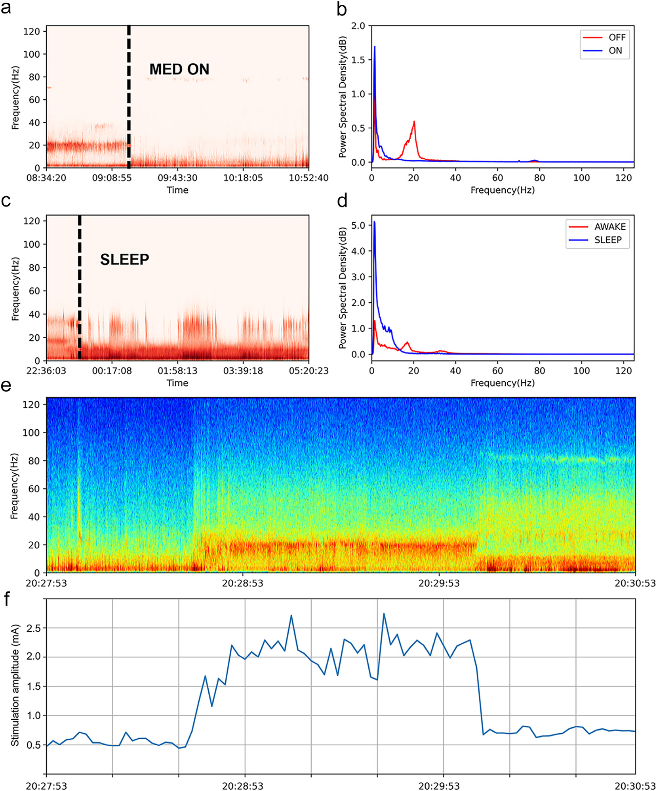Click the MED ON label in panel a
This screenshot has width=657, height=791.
click(x=179, y=69)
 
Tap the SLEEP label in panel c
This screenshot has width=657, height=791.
click(x=124, y=260)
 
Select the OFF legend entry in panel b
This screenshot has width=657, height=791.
click(x=617, y=38)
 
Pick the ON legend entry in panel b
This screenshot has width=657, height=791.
click(x=615, y=51)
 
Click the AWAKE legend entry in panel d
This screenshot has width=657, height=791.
click(x=609, y=227)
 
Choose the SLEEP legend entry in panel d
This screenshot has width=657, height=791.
click(x=607, y=240)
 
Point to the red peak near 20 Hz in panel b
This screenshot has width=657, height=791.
click(x=414, y=122)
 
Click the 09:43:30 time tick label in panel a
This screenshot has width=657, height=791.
click(x=177, y=178)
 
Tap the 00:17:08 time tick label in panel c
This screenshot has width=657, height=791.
click(x=112, y=371)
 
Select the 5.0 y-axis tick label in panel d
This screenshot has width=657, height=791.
click(x=358, y=225)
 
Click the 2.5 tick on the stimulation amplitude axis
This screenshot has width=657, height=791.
click(x=33, y=628)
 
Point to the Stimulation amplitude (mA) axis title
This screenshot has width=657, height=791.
click(x=15, y=686)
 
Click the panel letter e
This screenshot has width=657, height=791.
click(x=6, y=385)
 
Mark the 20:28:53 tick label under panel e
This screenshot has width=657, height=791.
click(x=242, y=583)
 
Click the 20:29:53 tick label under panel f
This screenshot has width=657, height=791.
click(x=439, y=786)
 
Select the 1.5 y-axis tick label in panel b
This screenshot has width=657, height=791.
click(x=358, y=60)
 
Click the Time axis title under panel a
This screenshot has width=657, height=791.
click(x=177, y=190)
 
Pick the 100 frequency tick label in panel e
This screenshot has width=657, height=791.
click(x=31, y=432)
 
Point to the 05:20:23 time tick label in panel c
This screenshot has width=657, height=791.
click(x=309, y=371)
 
